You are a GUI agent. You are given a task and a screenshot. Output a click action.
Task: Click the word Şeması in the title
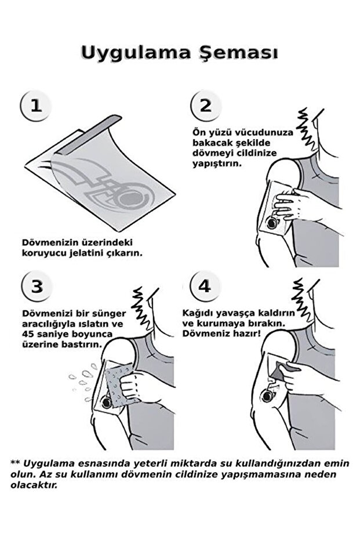pos(237,53)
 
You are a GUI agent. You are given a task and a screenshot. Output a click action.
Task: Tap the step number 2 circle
pos(206,106)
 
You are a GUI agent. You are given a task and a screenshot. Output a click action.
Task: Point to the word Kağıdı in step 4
pos(198,312)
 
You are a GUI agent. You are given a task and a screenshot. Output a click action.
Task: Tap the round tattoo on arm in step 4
pos(268,397)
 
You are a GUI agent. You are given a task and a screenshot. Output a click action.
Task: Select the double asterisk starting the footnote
pos(15,462)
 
